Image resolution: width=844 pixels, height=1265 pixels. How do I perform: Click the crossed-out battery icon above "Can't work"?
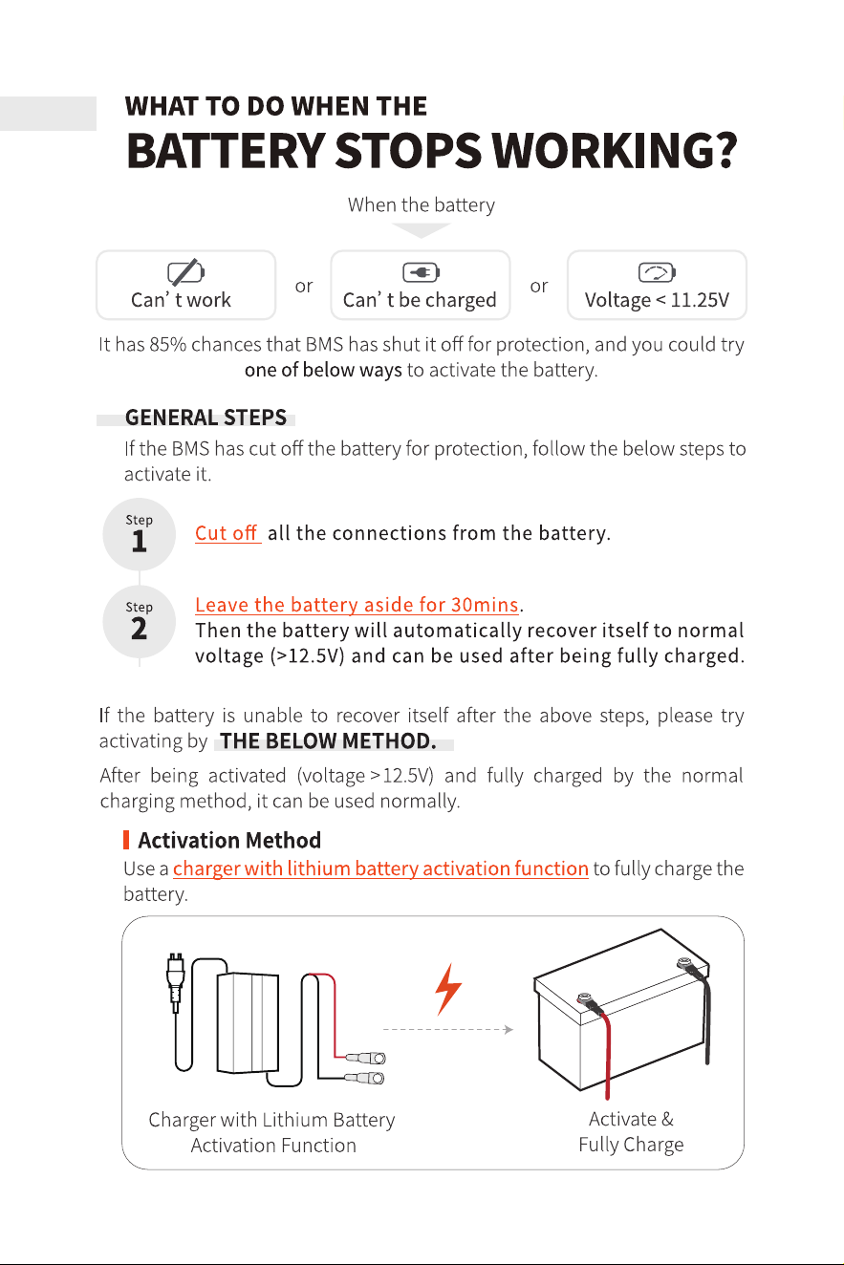tap(185, 272)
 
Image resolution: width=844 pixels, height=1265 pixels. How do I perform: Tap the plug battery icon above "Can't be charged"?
tap(421, 272)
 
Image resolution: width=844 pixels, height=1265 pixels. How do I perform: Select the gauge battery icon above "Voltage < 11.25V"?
tap(657, 272)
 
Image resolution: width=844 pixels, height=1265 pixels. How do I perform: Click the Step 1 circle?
tap(139, 534)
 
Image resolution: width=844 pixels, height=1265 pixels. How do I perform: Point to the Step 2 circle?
tap(139, 622)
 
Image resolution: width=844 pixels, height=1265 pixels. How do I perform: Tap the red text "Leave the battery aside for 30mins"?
tap(357, 605)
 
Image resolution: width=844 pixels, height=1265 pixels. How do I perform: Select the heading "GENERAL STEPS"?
tap(206, 418)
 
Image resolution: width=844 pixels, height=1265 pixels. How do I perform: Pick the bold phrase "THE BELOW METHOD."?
tap(328, 740)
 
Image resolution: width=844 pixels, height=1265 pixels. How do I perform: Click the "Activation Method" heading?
tap(229, 841)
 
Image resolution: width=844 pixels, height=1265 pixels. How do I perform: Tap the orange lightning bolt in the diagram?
tap(448, 990)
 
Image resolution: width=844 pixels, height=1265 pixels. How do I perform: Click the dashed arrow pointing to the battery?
tap(448, 1030)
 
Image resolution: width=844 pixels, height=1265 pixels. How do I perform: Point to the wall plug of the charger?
tap(175, 982)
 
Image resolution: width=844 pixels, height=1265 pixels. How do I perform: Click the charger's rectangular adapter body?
tap(248, 1021)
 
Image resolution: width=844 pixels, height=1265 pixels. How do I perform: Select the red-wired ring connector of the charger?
tap(366, 1057)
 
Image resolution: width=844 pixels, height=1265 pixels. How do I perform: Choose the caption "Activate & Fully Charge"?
tap(631, 1132)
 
